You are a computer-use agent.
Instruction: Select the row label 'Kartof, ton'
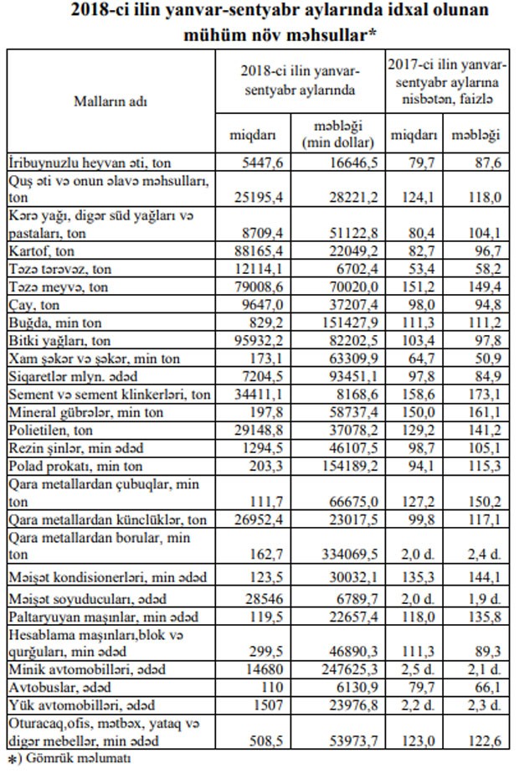pyautogui.click(x=43, y=250)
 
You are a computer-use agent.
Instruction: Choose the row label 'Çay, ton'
pyautogui.click(x=34, y=305)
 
